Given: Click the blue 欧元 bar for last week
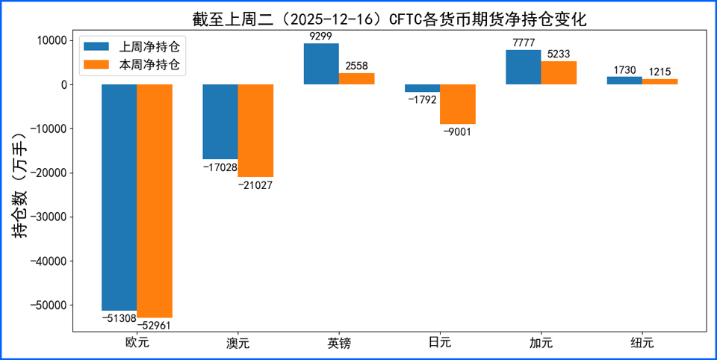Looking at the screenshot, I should point(119,197).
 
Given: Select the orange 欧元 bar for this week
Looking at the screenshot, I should point(155,201).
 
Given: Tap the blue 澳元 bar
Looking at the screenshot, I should point(220,122).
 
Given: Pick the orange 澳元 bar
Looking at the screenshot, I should point(255,131).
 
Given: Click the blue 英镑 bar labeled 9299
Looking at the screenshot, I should point(321,63).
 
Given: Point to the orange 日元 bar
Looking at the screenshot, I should point(458,104).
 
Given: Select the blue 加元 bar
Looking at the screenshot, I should point(523,67).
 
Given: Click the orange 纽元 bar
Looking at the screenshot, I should point(659,81).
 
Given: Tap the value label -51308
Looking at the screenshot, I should point(119,319).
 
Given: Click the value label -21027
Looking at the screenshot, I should point(255,184).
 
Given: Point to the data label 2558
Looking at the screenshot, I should point(356,66).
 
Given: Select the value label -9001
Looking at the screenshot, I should point(458,131).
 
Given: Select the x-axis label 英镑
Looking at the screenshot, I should point(338,344).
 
